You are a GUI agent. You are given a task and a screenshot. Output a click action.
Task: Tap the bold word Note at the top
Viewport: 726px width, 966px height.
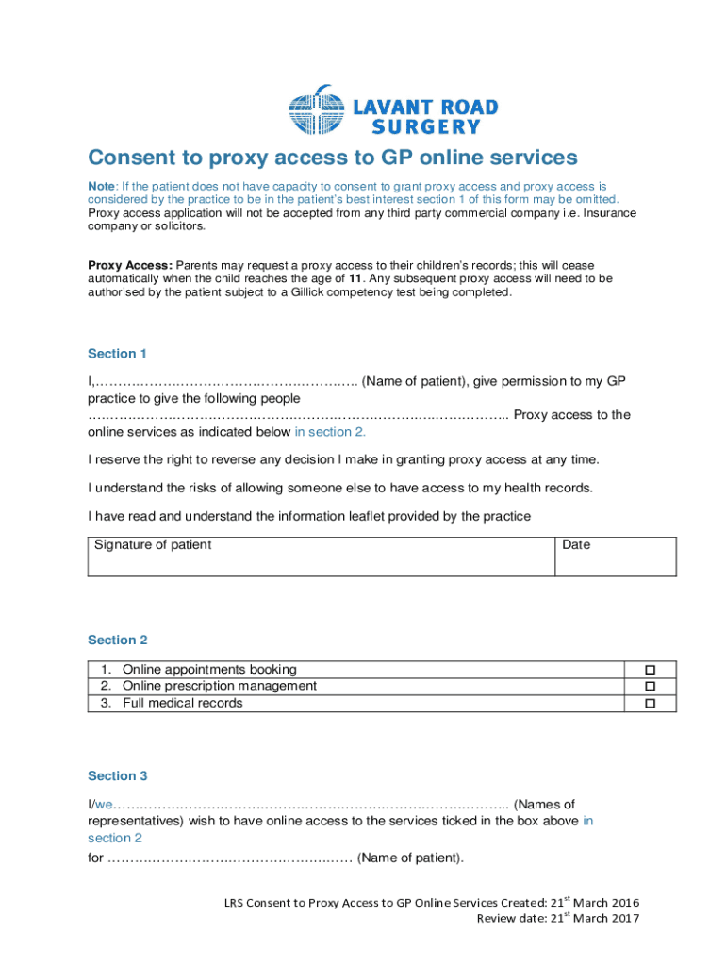click(103, 187)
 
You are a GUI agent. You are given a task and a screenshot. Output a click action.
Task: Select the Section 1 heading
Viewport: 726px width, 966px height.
click(118, 354)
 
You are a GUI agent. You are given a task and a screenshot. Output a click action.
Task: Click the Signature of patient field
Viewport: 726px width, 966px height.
click(321, 557)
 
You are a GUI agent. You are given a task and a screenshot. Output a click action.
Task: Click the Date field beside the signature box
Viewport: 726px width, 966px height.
click(615, 557)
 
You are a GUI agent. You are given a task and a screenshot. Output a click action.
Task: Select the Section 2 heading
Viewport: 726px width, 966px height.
click(118, 640)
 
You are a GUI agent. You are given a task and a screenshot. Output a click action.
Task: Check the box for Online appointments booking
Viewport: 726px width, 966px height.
click(649, 670)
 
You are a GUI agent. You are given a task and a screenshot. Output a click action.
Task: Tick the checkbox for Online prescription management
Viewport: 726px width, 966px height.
click(649, 687)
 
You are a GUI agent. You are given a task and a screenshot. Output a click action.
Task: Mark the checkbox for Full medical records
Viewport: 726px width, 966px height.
click(649, 704)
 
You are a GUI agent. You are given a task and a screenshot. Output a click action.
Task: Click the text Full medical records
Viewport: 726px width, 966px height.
click(182, 703)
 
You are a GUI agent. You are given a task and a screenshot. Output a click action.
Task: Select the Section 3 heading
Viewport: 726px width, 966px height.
click(118, 775)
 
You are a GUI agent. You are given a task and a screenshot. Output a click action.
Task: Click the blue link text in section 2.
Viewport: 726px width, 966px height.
click(330, 432)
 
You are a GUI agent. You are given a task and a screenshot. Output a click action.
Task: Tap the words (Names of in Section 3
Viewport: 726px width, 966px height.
click(544, 805)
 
